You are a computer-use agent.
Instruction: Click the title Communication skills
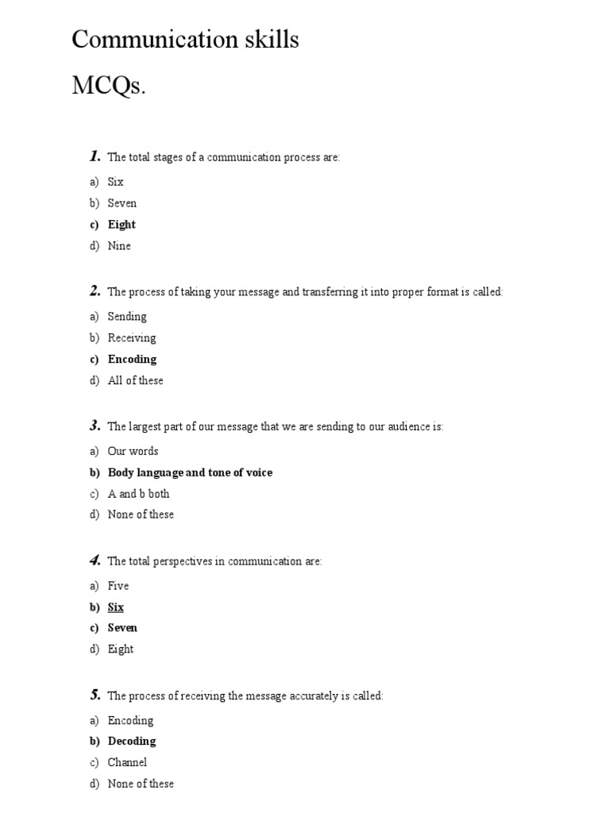[x=185, y=40]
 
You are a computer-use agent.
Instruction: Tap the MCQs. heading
[x=109, y=86]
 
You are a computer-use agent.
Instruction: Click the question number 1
[x=95, y=156]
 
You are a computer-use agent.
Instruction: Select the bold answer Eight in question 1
[x=122, y=225]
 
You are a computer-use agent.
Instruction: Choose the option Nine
[x=119, y=246]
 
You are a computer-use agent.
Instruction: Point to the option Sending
[x=127, y=317]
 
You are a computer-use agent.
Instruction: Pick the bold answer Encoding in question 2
[x=132, y=359]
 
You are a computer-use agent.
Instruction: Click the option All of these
[x=135, y=380]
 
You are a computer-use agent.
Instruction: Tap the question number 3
[x=95, y=426]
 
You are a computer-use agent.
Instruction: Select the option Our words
[x=133, y=451]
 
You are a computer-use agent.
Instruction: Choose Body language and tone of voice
[x=190, y=472]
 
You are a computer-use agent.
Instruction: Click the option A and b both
[x=138, y=494]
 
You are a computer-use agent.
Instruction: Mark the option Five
[x=118, y=586]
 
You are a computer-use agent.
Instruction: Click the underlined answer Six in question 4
[x=116, y=607]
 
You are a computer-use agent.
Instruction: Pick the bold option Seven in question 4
[x=122, y=628]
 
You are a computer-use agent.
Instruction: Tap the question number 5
[x=95, y=695]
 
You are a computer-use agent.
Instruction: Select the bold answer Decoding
[x=132, y=741]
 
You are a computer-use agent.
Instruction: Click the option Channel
[x=127, y=762]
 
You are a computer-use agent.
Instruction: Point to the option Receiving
[x=132, y=338]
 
